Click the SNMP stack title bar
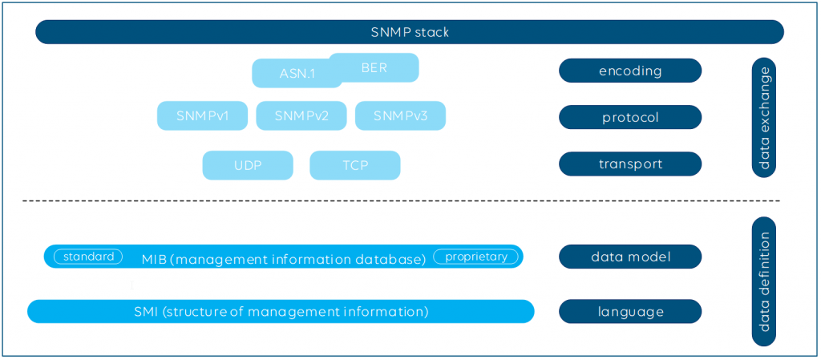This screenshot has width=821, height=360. pyautogui.click(x=410, y=32)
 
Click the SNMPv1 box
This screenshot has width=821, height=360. pyautogui.click(x=202, y=115)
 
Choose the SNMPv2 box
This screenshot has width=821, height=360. pyautogui.click(x=301, y=115)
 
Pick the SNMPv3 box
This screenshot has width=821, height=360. pyautogui.click(x=401, y=115)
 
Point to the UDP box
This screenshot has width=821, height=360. pyautogui.click(x=248, y=165)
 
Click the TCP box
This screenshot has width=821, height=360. pyautogui.click(x=355, y=165)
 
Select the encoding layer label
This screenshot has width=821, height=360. pyautogui.click(x=630, y=71)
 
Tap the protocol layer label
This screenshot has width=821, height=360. pyautogui.click(x=630, y=117)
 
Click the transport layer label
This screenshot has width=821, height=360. pyautogui.click(x=630, y=164)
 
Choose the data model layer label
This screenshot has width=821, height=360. pyautogui.click(x=630, y=257)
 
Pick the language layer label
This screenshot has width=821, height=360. pyautogui.click(x=630, y=312)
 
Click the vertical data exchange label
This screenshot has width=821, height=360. pyautogui.click(x=764, y=118)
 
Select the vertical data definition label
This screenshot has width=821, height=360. pyautogui.click(x=764, y=281)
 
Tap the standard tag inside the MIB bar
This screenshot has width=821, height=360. pyautogui.click(x=88, y=257)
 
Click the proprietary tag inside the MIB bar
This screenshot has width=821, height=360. pyautogui.click(x=476, y=257)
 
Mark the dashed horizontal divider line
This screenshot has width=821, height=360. pyautogui.click(x=401, y=201)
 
